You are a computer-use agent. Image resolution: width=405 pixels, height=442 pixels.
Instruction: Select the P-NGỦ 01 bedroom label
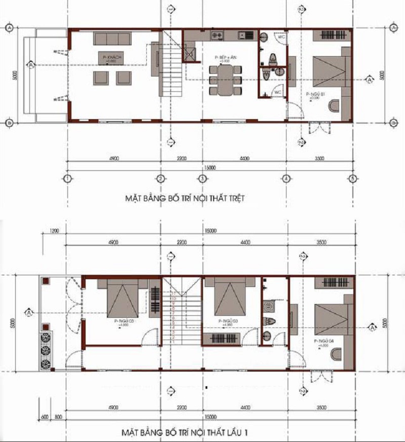(314, 95)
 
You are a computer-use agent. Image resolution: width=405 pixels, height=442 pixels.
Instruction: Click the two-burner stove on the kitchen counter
(218, 35)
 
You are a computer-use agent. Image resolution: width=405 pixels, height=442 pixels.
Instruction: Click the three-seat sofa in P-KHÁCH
(112, 39)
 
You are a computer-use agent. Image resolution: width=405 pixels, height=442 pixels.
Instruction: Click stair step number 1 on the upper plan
(174, 342)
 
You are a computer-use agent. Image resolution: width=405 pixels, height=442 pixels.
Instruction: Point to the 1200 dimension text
(55, 231)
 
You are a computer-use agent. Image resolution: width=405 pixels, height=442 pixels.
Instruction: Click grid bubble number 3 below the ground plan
(201, 178)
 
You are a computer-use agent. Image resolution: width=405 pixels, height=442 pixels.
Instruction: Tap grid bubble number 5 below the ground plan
(353, 178)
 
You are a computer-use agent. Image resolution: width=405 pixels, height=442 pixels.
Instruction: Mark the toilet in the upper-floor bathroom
(269, 320)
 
